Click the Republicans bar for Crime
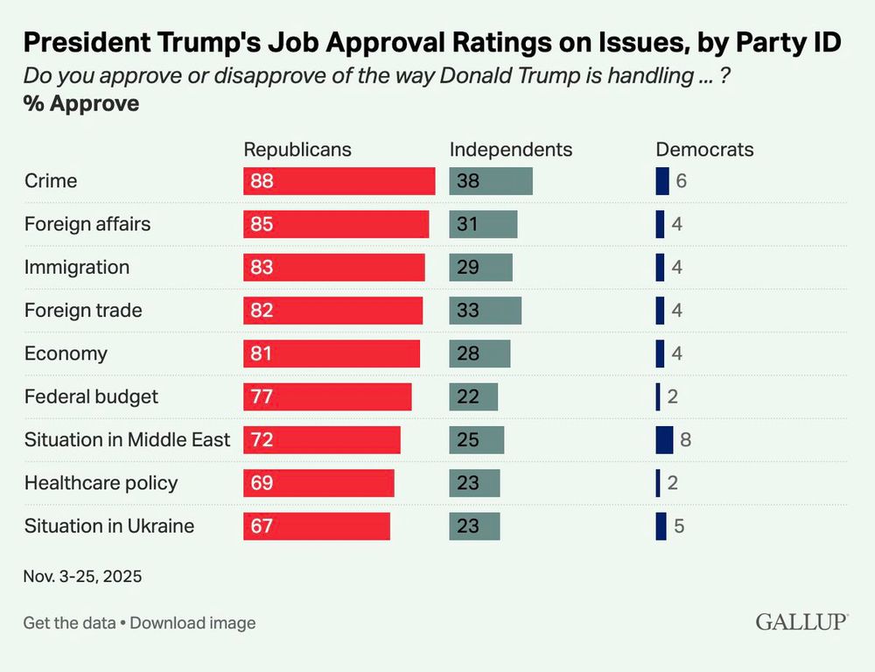point(339,181)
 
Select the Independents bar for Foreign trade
point(485,311)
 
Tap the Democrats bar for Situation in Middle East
point(664,439)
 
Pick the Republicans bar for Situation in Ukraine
point(316,526)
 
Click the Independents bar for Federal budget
point(473,396)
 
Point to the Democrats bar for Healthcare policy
point(658,483)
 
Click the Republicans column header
point(297,150)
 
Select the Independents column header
point(510,150)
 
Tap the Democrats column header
point(704,150)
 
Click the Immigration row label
point(77,268)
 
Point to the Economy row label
point(66,353)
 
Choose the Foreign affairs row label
point(87,224)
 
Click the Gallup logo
point(801,622)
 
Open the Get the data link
point(69,623)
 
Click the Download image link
point(192,623)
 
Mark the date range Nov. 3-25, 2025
point(82,577)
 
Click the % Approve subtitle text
point(81,103)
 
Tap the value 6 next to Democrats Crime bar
point(682,181)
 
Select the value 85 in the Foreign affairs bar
point(262,224)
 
